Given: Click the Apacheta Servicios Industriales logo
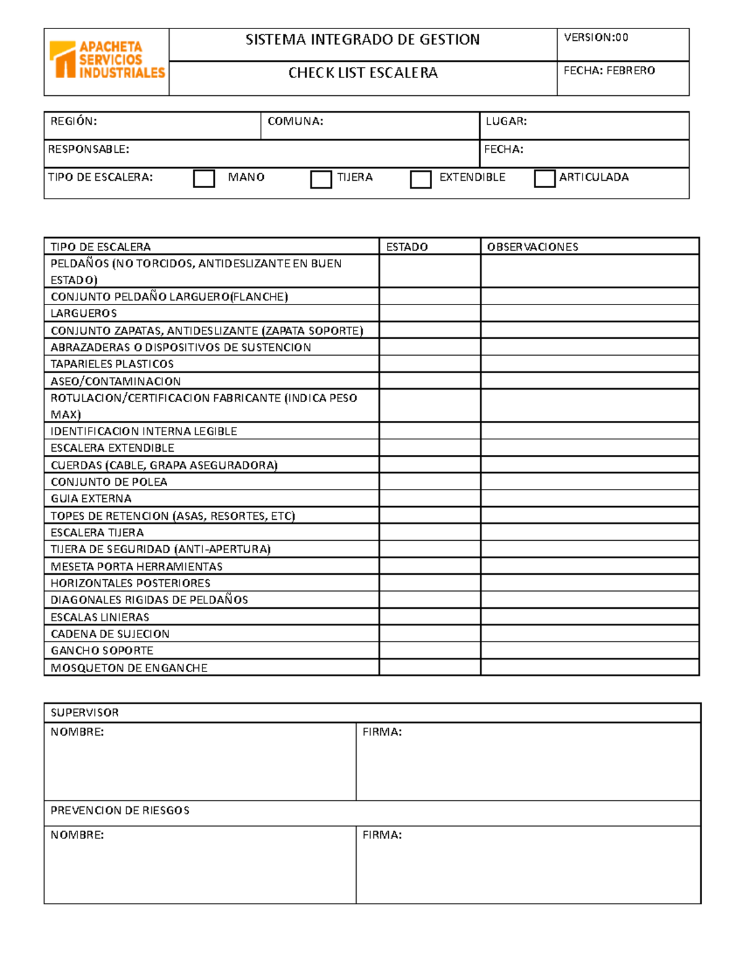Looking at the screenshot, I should click(x=106, y=60).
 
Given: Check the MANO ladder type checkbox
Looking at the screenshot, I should click(x=204, y=178).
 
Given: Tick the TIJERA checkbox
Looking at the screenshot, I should click(x=321, y=179).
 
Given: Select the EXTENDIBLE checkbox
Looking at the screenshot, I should click(x=420, y=179).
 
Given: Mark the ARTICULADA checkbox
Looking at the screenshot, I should click(x=544, y=178).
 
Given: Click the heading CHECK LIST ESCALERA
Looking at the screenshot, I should click(x=363, y=73).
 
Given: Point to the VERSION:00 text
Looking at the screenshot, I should click(x=596, y=38).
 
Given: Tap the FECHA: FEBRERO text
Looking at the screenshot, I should click(x=609, y=71).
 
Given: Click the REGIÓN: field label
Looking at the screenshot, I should click(x=74, y=121).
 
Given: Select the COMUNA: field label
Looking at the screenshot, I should click(x=295, y=121).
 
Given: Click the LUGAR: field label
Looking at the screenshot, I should click(x=506, y=121).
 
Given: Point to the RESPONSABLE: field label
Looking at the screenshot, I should click(x=89, y=149).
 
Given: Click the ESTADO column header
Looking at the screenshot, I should click(x=407, y=247).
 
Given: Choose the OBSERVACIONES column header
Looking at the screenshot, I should click(x=532, y=247).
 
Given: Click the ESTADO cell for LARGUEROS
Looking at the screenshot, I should click(x=430, y=313).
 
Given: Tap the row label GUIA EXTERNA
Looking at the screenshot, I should click(x=91, y=499).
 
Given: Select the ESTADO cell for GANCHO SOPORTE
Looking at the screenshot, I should click(x=430, y=650).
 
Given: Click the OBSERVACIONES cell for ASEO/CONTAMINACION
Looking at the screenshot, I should click(x=589, y=381).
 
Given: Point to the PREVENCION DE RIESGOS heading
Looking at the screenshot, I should click(x=119, y=811).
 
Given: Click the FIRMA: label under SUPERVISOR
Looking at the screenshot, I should click(x=382, y=732).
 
